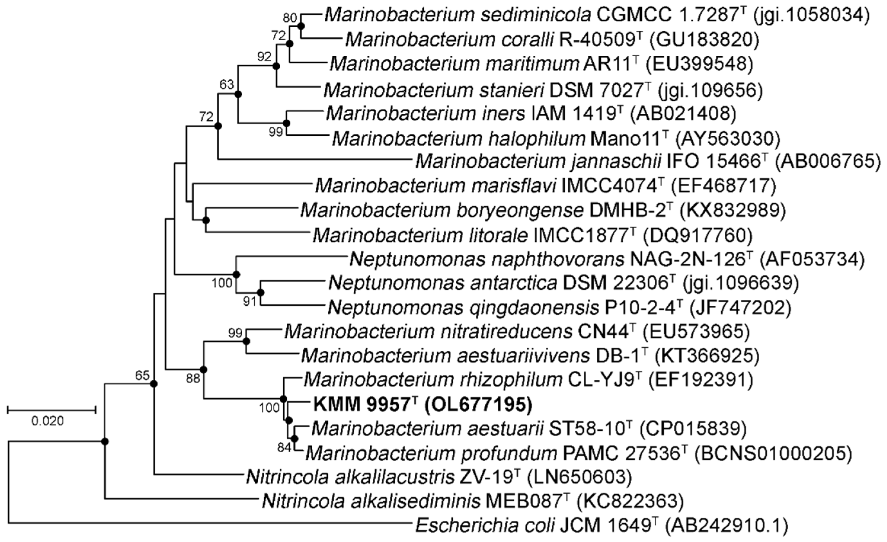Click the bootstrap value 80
[290, 17]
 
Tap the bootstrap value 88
[193, 378]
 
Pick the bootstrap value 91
[249, 301]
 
